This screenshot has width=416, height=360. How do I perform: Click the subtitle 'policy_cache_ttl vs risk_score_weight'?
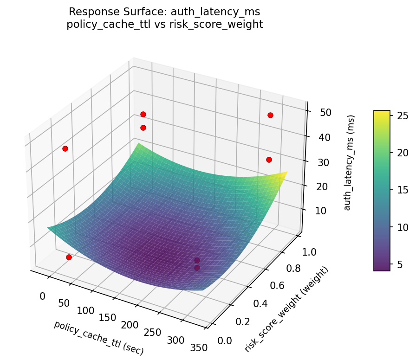(x=165, y=24)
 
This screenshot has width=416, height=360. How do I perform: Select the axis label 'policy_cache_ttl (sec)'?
(x=98, y=338)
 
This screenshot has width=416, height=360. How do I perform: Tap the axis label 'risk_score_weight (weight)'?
(x=286, y=309)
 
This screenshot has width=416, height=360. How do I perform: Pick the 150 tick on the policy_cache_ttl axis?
(x=107, y=317)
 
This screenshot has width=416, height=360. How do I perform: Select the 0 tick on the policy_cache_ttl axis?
(x=43, y=296)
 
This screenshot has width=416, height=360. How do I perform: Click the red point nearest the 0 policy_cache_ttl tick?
(x=69, y=257)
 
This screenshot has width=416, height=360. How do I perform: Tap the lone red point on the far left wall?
(x=65, y=148)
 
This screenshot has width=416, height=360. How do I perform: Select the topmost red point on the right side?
(x=270, y=115)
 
